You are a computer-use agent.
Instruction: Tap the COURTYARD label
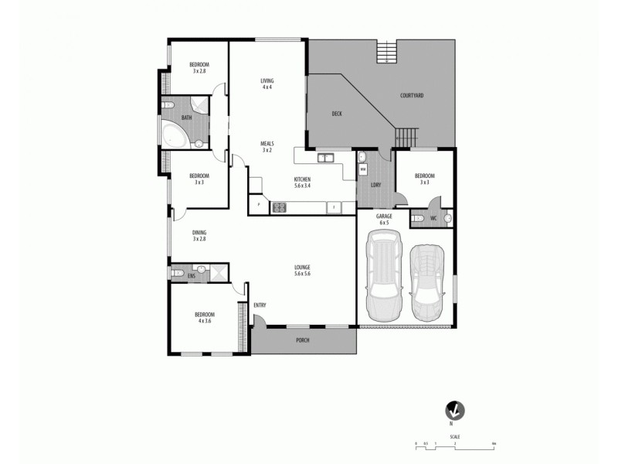click(x=411, y=96)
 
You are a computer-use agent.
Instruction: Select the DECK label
click(x=337, y=114)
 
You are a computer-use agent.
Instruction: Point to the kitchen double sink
click(x=325, y=159)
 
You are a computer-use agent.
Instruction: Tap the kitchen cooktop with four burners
click(x=278, y=206)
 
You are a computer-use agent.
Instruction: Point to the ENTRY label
click(x=260, y=305)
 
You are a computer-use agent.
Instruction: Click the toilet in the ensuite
click(x=177, y=273)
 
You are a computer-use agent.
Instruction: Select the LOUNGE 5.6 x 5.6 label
click(x=302, y=271)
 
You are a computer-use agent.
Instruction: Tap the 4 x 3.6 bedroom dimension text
click(x=204, y=320)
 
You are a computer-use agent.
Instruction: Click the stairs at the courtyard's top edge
click(x=386, y=53)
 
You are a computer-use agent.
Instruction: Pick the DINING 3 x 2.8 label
click(x=199, y=236)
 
